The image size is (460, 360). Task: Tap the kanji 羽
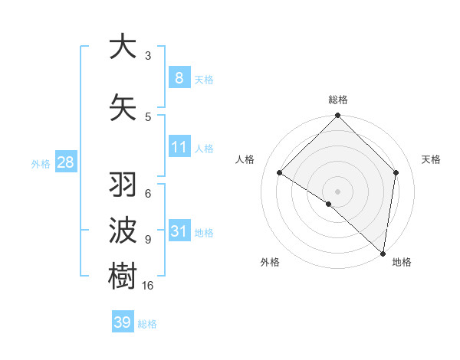[x=123, y=185]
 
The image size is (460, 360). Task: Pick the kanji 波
[x=123, y=231]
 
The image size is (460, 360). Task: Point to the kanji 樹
[x=123, y=277]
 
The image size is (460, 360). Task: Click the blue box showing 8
[x=179, y=78]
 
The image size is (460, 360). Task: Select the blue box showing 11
[x=179, y=147]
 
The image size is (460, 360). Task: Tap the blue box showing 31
[x=179, y=231]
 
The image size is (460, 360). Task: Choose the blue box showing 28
[x=65, y=162]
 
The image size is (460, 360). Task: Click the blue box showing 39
[x=123, y=322]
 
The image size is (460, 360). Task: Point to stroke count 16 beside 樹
[x=149, y=286]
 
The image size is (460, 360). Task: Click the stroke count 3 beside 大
[x=148, y=56]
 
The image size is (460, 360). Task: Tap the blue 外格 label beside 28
[x=41, y=163]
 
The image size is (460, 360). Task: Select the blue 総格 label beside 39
[x=147, y=324]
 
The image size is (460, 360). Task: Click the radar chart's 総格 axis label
[x=337, y=100]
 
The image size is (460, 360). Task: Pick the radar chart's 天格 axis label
[x=431, y=159]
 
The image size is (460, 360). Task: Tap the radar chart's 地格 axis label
[x=402, y=262]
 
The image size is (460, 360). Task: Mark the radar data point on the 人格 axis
[x=280, y=173]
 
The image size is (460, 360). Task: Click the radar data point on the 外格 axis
[x=329, y=204]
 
